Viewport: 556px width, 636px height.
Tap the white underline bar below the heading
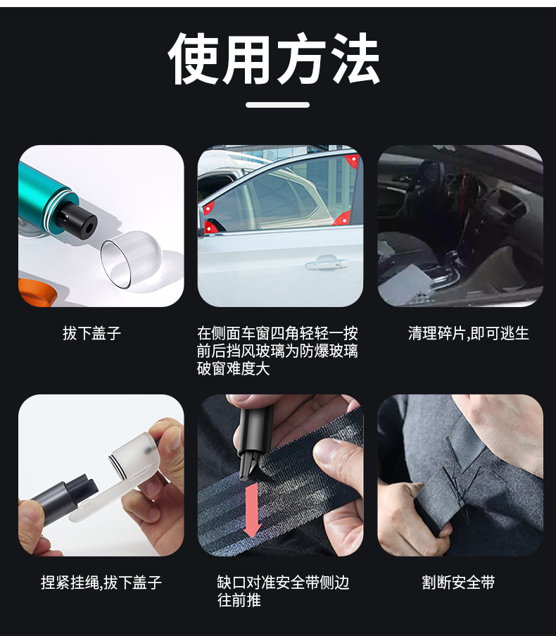(x=277, y=105)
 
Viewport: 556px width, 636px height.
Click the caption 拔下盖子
(x=92, y=333)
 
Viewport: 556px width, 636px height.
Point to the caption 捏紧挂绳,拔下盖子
(x=101, y=582)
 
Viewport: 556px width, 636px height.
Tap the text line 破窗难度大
(x=233, y=368)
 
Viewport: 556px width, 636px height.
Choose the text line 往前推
(x=239, y=600)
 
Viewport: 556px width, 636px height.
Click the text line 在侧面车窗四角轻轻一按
(x=277, y=333)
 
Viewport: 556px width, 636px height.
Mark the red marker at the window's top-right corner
(x=352, y=161)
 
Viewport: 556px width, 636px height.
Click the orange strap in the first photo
(x=35, y=292)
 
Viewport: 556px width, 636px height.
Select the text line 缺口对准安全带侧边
(x=283, y=582)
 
